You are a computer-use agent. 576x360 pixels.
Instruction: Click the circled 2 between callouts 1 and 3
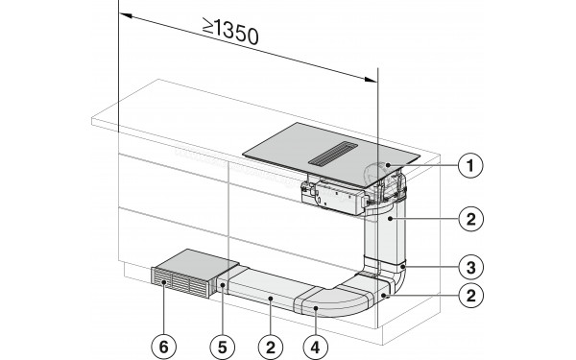point(468,218)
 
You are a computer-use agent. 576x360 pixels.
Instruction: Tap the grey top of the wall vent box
point(196,262)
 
